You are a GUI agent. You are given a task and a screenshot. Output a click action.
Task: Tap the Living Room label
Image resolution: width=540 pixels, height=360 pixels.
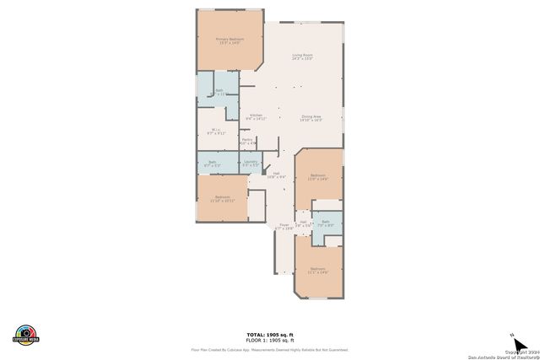coord(303,56)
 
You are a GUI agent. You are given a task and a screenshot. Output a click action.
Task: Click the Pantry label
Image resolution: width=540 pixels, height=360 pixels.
coord(247,140)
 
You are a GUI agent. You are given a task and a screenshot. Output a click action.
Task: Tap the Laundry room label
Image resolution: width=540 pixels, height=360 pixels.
coord(250,162)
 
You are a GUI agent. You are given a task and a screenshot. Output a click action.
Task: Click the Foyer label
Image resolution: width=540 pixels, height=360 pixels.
coord(284,226)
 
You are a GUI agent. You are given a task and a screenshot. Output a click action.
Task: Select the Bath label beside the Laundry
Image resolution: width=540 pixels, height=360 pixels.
coord(212,163)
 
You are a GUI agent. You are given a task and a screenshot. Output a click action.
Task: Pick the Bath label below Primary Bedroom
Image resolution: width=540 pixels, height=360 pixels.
coord(219,91)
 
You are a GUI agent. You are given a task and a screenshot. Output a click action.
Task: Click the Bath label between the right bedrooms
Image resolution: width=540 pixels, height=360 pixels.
coord(325,223)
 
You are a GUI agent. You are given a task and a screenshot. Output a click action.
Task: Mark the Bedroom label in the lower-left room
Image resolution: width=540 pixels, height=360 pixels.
coord(223,198)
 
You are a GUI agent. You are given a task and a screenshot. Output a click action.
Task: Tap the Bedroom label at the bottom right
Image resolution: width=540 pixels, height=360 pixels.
coord(317,270)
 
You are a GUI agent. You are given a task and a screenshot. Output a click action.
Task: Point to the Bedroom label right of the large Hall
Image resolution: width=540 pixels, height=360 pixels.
coord(317,176)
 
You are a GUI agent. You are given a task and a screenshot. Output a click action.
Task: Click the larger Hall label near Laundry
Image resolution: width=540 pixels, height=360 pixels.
coord(276,175)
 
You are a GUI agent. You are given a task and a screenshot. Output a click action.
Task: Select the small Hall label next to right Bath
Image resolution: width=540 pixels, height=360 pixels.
coord(303,223)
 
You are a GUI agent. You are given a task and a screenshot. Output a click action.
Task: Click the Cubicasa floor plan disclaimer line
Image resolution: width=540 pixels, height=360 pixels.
coord(270,349)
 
